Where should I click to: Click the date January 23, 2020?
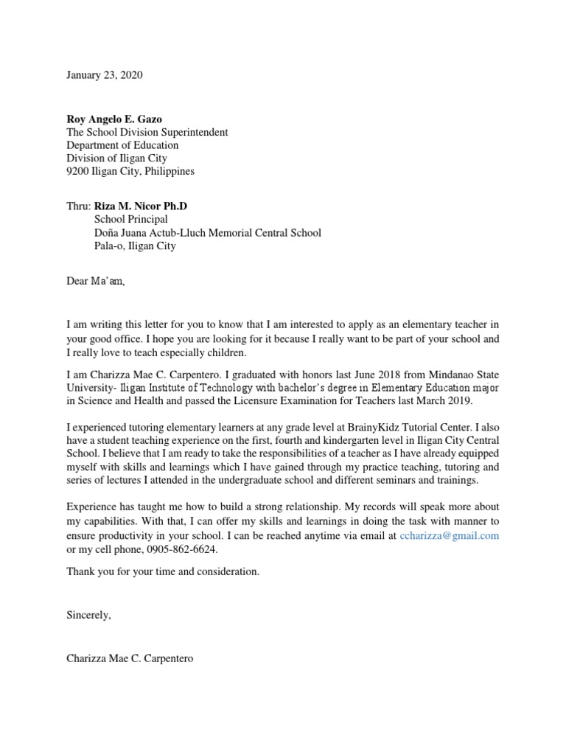(x=105, y=75)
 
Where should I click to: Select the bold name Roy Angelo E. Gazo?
(x=115, y=119)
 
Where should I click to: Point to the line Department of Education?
(x=122, y=145)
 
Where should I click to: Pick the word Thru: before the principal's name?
(x=78, y=206)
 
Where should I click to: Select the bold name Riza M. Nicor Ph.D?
(x=146, y=206)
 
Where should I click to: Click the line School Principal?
(x=130, y=220)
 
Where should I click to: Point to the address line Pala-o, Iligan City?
(x=135, y=246)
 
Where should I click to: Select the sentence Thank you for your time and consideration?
(x=163, y=571)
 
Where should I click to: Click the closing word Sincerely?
(x=88, y=615)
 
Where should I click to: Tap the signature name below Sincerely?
(x=130, y=658)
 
